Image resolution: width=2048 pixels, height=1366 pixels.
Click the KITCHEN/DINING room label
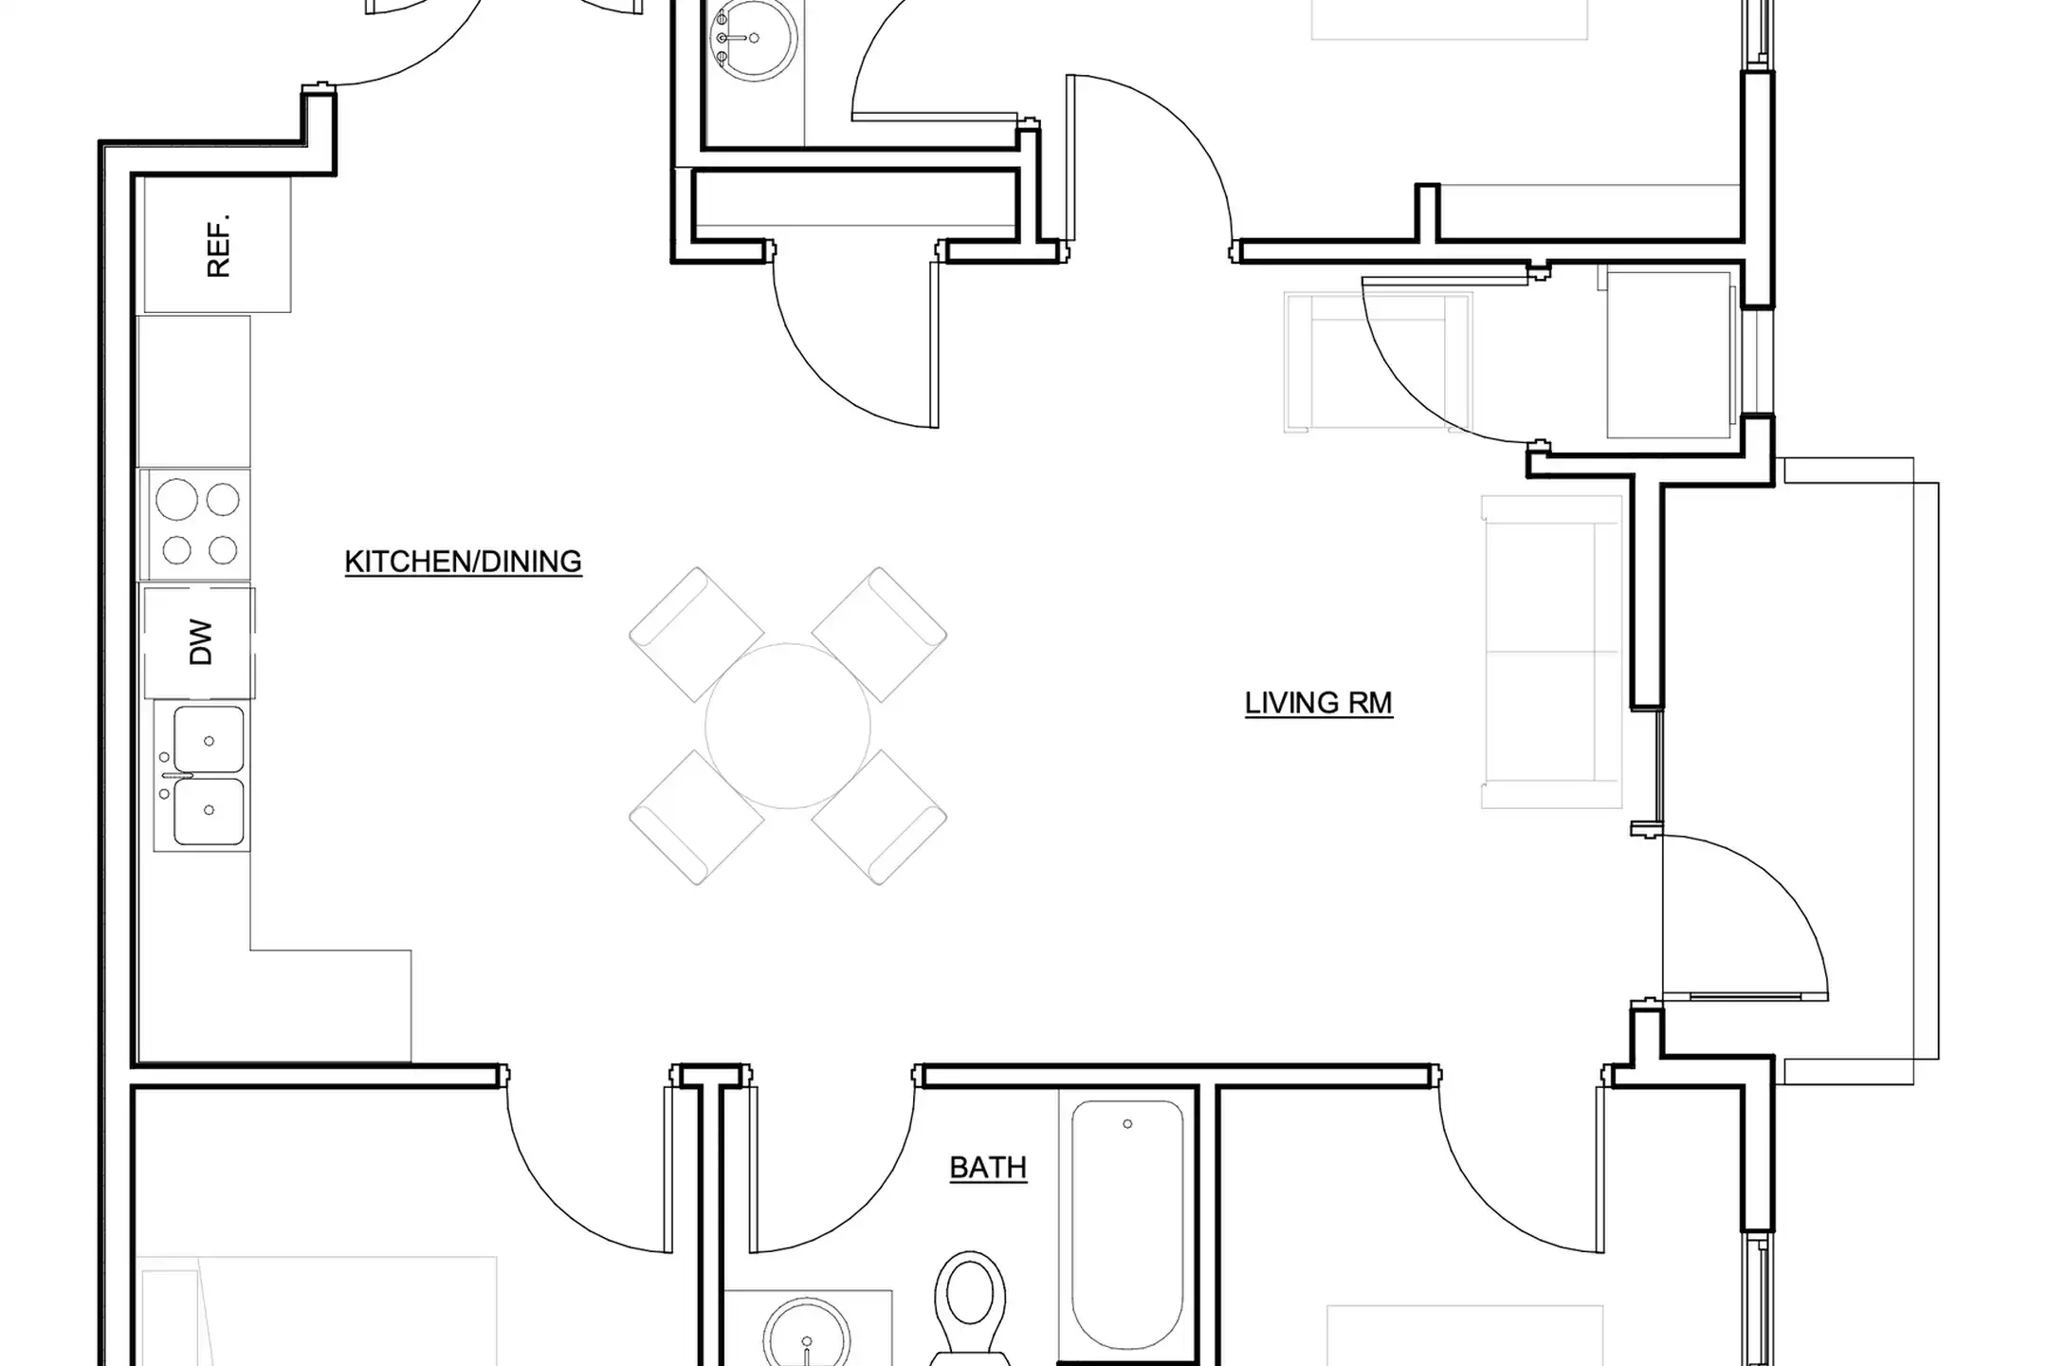[463, 562]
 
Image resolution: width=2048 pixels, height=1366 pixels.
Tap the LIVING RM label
[1319, 703]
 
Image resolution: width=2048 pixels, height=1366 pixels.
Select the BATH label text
[988, 1167]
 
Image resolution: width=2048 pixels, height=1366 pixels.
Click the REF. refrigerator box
[216, 246]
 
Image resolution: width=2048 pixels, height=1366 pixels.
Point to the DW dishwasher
[199, 642]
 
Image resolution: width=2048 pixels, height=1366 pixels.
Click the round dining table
[788, 726]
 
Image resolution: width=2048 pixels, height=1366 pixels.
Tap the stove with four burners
[195, 524]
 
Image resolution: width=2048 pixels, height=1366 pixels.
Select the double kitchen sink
[201, 776]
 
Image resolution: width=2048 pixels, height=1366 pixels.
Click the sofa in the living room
[1552, 652]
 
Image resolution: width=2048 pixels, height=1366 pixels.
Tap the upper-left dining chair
[697, 635]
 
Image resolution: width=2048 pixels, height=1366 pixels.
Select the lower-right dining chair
[879, 818]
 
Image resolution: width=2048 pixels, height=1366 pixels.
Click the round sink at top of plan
[754, 38]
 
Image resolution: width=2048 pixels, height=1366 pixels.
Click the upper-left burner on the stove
[176, 500]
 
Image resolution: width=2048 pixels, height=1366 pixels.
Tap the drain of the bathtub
[1127, 1124]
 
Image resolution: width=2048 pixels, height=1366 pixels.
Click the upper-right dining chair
[879, 635]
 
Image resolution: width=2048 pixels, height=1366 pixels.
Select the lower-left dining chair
[697, 818]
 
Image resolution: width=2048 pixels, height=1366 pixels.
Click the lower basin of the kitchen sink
[209, 811]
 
